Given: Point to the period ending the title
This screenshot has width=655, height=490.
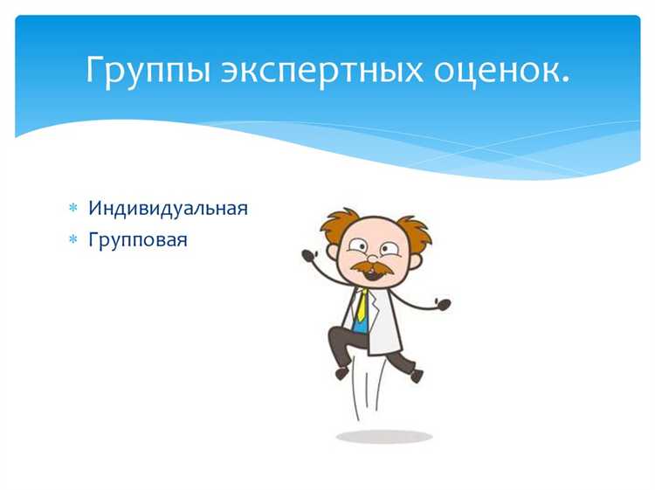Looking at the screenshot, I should (x=565, y=80).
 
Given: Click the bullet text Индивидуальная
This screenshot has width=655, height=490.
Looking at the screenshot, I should (x=168, y=209).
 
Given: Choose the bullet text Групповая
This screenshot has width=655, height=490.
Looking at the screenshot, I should (x=137, y=238).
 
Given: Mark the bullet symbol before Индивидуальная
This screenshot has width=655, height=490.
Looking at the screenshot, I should (x=73, y=210).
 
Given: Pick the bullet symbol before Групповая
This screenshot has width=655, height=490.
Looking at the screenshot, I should (x=73, y=239).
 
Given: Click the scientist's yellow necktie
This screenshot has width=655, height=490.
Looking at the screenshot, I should (x=361, y=307).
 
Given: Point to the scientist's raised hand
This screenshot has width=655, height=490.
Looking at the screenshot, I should (x=307, y=256).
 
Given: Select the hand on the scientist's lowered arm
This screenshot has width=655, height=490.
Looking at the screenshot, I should (x=444, y=305).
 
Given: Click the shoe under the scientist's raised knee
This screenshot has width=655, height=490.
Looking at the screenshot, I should (x=341, y=373).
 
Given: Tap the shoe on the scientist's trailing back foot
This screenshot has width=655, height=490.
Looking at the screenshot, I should (x=416, y=375).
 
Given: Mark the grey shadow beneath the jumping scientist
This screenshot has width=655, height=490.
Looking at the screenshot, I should (x=384, y=436).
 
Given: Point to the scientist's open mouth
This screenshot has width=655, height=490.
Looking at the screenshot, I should (x=370, y=273).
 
